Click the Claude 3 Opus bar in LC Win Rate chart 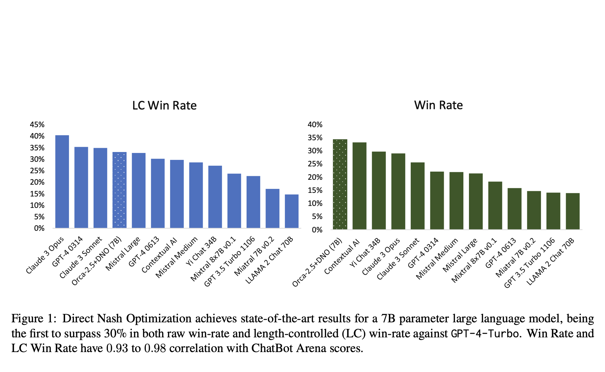click(62, 181)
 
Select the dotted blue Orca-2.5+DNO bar click(119, 190)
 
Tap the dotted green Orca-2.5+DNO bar click(340, 184)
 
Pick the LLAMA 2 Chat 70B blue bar click(292, 211)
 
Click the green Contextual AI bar click(359, 186)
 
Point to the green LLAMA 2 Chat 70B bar click(573, 211)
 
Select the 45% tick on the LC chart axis click(37, 125)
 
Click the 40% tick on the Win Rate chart click(315, 125)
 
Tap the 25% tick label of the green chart click(315, 164)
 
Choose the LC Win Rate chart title click(164, 106)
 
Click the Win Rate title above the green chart click(438, 105)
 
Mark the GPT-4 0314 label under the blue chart click(68, 252)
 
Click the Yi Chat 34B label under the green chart click(365, 253)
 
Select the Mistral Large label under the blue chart click(123, 254)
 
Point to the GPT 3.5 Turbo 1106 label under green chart click(530, 263)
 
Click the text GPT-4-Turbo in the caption click(485, 334)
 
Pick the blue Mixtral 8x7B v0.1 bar click(234, 201)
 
